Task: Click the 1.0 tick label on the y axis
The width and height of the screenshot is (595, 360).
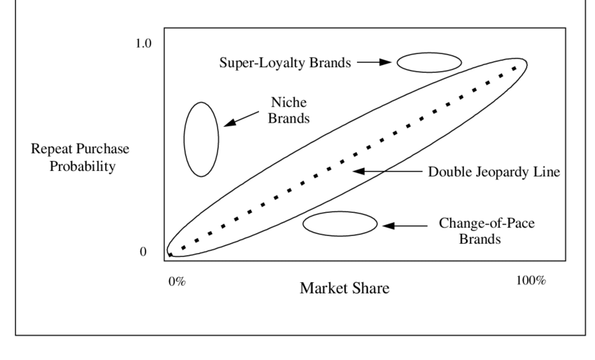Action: [x=143, y=43]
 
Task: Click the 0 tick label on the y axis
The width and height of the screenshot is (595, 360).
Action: [x=143, y=252]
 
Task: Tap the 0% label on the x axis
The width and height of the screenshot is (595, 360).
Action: [x=176, y=281]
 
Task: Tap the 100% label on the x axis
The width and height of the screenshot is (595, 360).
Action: [x=531, y=281]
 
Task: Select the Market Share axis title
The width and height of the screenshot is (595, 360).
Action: [x=344, y=288]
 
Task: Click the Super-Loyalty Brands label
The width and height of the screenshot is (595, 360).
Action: [x=284, y=62]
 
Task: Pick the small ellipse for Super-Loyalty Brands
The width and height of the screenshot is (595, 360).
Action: [x=429, y=62]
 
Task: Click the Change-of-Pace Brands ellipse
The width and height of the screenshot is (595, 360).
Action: [x=339, y=224]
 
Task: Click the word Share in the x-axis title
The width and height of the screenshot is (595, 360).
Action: [x=372, y=288]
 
